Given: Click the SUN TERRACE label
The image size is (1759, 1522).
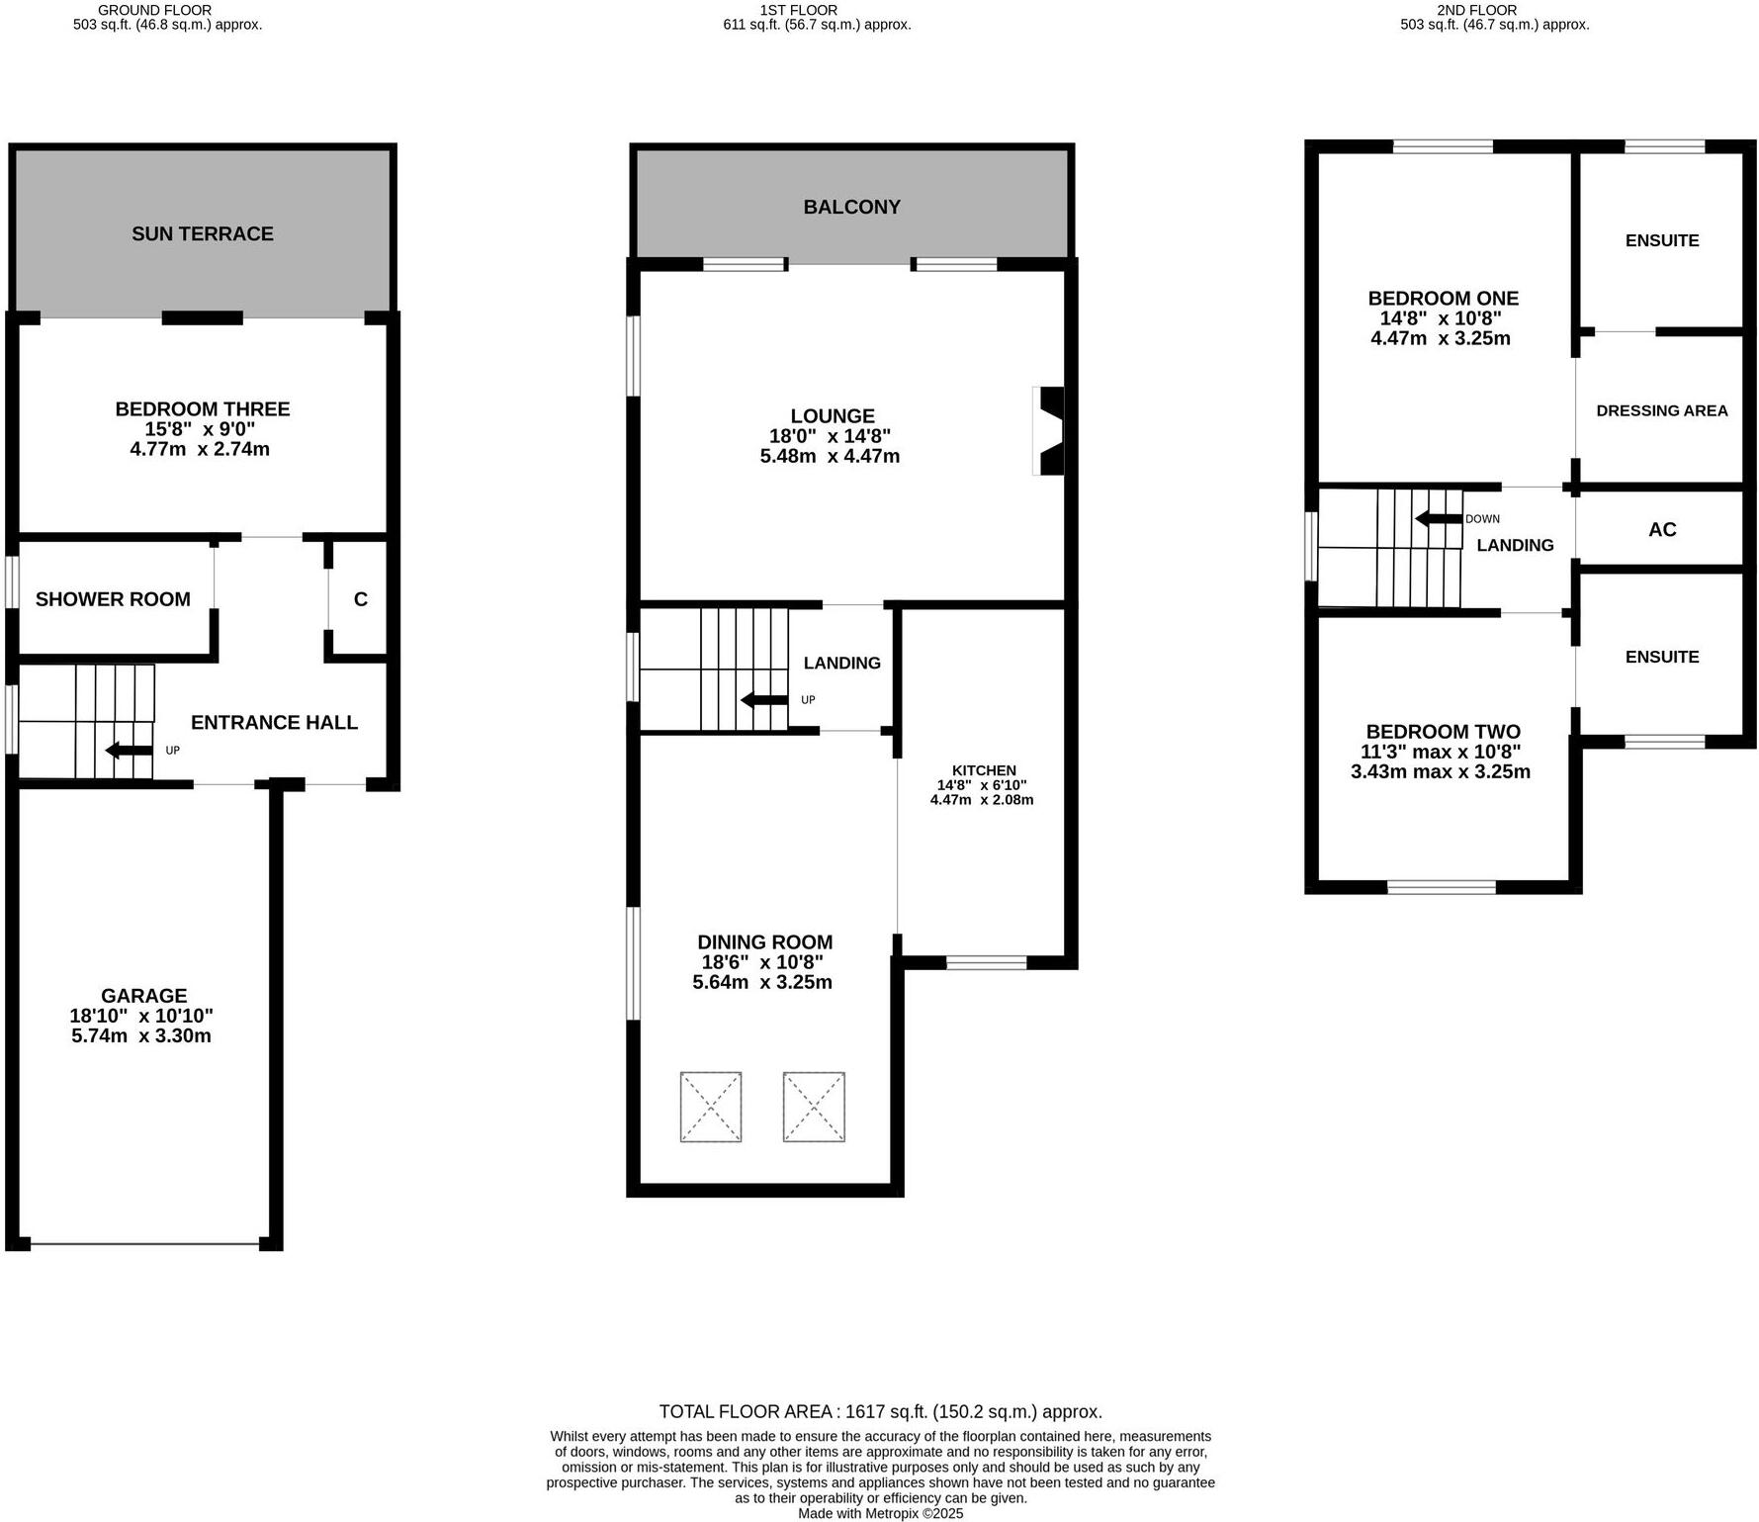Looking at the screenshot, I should click(x=203, y=233).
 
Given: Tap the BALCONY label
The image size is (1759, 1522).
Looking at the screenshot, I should click(x=851, y=207).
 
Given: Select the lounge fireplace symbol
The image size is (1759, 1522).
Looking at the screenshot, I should click(x=1049, y=430).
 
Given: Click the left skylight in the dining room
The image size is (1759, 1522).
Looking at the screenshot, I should click(x=710, y=1107).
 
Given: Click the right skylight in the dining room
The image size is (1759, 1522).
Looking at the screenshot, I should click(x=814, y=1107).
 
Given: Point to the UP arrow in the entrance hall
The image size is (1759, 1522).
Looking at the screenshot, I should click(x=129, y=751).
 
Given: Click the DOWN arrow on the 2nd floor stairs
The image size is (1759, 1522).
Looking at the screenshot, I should click(x=1439, y=518).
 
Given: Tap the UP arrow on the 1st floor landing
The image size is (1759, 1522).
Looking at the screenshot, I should click(x=764, y=700).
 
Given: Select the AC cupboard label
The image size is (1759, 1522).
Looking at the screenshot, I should click(x=1662, y=529).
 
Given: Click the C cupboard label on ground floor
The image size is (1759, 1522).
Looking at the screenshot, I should click(x=361, y=599).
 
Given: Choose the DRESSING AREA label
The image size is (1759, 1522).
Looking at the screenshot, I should click(x=1661, y=410).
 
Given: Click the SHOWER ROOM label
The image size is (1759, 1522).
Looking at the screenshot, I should click(x=113, y=599).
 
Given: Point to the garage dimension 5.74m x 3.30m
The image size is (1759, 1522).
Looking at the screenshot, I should click(x=141, y=1036).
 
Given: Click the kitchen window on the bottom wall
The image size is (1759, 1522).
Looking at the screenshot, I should click(x=986, y=962).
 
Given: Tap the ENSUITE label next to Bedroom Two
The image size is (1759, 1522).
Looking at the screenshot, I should click(x=1661, y=657).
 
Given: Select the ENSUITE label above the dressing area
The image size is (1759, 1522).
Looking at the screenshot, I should click(x=1661, y=240).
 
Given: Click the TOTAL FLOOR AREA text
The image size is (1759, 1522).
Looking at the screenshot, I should click(x=880, y=1412).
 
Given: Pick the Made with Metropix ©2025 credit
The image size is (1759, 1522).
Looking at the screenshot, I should click(x=880, y=1513).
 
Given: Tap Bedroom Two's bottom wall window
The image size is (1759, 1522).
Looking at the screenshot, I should click(x=1441, y=887).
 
